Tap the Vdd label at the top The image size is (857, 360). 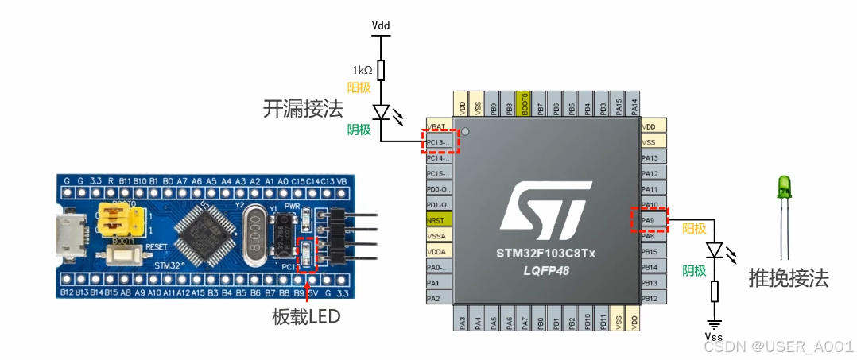(381, 25)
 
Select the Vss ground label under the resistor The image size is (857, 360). (714, 337)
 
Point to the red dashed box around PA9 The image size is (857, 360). (650, 220)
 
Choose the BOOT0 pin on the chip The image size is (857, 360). (524, 104)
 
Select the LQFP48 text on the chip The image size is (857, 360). (545, 271)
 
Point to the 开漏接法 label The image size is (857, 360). (303, 110)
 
